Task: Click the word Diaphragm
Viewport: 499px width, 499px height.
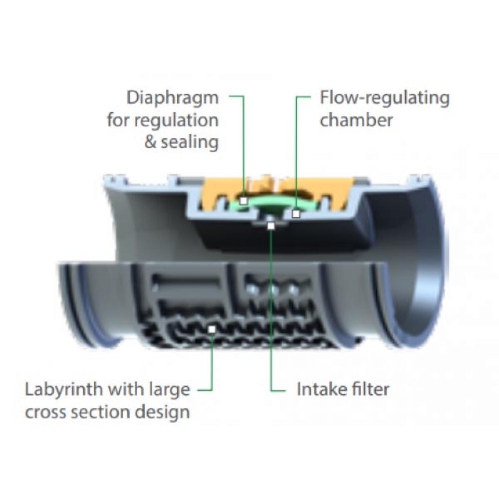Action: [173, 97]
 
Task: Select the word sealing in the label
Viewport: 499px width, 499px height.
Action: [190, 142]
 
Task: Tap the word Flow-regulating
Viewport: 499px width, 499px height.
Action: [384, 98]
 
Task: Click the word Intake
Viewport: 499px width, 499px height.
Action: [319, 389]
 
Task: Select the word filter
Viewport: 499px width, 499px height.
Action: [369, 389]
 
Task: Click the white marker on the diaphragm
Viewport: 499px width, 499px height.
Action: [243, 201]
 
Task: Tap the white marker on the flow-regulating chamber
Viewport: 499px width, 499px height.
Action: [296, 214]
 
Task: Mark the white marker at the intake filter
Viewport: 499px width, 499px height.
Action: [271, 226]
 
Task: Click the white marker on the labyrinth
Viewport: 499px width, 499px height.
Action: [212, 329]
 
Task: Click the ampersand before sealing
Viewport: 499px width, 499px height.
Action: [151, 142]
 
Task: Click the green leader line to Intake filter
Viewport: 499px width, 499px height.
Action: [271, 324]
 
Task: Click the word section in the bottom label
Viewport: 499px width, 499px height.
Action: [105, 412]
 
